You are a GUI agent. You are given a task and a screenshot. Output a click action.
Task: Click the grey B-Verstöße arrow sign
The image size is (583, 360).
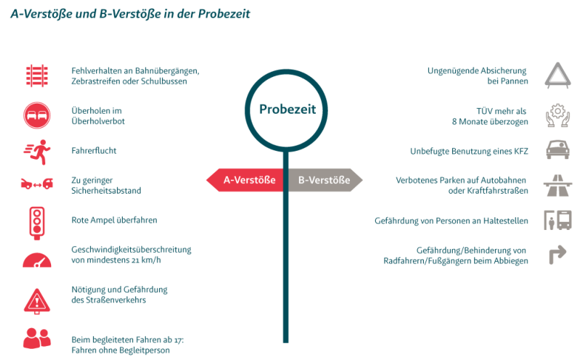click(x=324, y=180)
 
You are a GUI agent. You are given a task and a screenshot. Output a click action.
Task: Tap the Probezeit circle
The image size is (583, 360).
click(x=287, y=109)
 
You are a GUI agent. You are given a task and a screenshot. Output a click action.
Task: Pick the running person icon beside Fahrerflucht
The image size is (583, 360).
click(x=36, y=150)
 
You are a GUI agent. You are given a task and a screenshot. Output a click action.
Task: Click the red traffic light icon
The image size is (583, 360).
click(x=36, y=220)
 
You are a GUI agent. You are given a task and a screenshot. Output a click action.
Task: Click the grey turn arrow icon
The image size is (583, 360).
click(x=556, y=255)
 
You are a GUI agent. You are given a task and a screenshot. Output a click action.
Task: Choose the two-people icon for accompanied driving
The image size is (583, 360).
click(x=36, y=338)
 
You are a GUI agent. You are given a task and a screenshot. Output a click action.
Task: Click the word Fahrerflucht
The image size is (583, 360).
click(x=94, y=151)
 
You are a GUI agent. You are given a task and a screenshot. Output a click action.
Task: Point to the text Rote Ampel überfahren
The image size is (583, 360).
click(x=114, y=220)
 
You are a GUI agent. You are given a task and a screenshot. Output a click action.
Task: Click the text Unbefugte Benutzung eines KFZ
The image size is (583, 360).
click(x=469, y=151)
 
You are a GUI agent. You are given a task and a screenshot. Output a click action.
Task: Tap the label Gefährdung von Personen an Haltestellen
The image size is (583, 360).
click(x=451, y=220)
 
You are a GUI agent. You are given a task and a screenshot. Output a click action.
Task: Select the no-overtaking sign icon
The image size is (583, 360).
click(x=36, y=114)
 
